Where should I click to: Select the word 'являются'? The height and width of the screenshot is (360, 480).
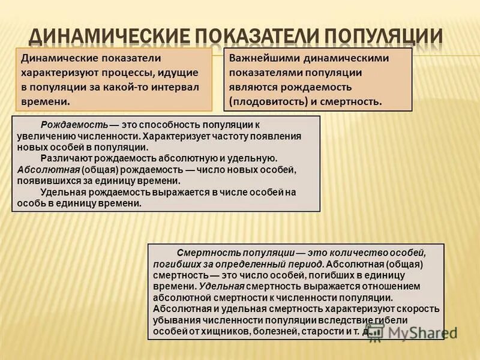(251, 86)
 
